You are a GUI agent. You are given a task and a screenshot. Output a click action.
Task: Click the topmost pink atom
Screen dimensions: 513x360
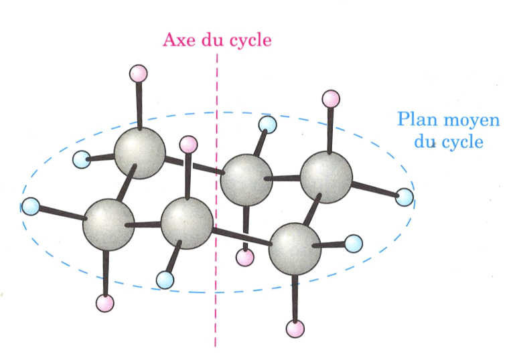(138, 72)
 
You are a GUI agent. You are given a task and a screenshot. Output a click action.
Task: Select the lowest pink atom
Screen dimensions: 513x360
(295, 329)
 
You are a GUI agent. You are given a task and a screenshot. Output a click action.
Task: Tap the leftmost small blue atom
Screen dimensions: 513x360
(31, 207)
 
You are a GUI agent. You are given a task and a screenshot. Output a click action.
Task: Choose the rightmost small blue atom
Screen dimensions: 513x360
(405, 197)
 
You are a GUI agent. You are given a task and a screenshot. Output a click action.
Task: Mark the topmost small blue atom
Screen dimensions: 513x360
(268, 124)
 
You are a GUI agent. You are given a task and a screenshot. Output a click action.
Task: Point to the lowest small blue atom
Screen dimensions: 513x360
(165, 278)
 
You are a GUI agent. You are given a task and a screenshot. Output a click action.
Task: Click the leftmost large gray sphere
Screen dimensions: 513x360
(108, 223)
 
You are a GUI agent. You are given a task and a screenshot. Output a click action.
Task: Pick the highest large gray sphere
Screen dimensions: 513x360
(139, 155)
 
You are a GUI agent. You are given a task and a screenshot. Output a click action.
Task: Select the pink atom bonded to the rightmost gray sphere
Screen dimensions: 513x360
(331, 99)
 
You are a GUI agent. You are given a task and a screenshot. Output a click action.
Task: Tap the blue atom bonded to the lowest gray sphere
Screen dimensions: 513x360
(354, 242)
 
